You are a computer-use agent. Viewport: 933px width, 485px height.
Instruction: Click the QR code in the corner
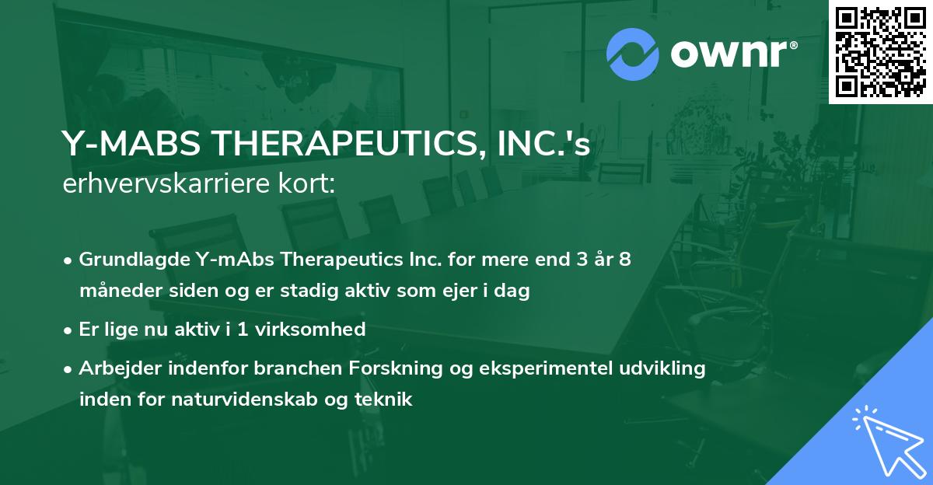pos(881,52)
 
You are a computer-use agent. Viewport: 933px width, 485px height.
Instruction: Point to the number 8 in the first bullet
pos(624,260)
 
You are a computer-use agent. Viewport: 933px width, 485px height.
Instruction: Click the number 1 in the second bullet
pos(243,330)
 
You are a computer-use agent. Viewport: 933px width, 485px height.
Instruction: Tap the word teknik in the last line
pos(384,400)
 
